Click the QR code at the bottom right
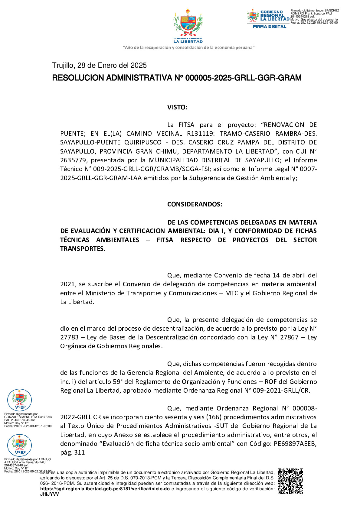(x=290, y=481)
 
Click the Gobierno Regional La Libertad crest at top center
(x=188, y=26)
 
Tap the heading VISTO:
(x=177, y=107)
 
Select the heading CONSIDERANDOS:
(x=195, y=204)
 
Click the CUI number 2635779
(x=73, y=160)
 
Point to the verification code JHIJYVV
(x=50, y=494)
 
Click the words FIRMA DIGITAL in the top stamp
(x=269, y=27)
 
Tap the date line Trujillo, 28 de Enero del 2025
(x=99, y=65)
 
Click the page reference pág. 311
(x=73, y=452)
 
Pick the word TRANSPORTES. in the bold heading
(x=83, y=249)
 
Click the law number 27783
(x=69, y=337)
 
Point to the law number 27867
(x=289, y=337)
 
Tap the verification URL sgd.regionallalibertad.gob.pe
(x=105, y=489)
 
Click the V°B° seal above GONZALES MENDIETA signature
(x=19, y=400)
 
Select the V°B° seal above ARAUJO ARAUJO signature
(x=19, y=445)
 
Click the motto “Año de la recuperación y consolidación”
(x=188, y=47)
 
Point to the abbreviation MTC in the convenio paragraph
(x=232, y=293)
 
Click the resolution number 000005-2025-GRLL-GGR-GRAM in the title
(x=243, y=78)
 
